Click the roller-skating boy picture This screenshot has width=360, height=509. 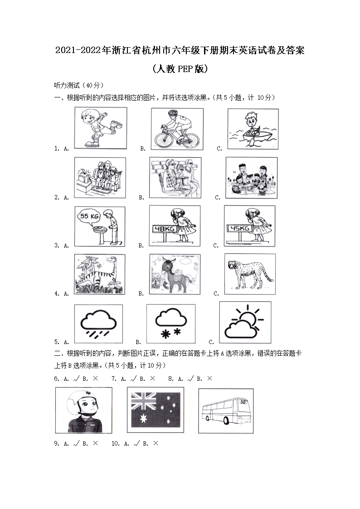100,128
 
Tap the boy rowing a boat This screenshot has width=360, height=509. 253,128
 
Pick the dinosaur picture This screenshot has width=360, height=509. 100,275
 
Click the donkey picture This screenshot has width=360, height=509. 175,275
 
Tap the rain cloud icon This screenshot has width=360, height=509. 98,323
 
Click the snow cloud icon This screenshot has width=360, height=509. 170,324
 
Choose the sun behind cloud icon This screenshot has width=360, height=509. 245,322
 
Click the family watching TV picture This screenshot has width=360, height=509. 100,178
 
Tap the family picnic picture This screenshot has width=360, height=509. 251,178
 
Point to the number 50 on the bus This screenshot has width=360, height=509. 243,402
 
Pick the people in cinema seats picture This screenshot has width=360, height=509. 175,178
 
